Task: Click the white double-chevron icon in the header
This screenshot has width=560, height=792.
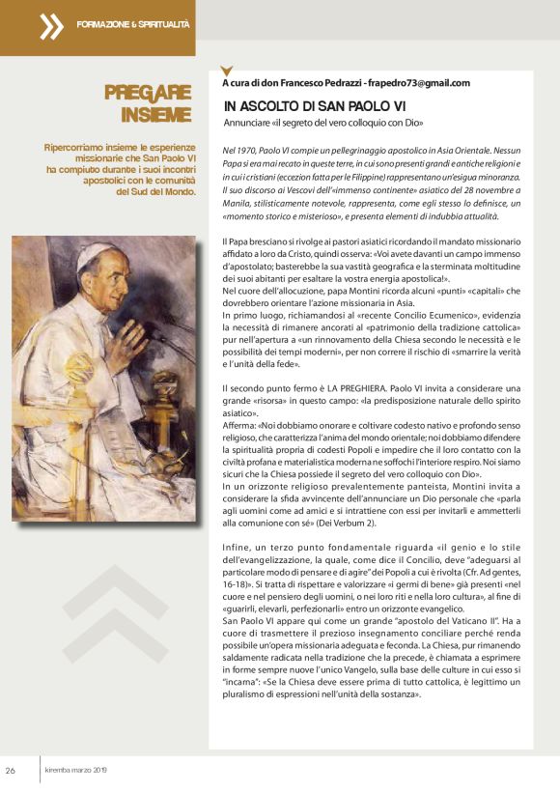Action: pos(50,26)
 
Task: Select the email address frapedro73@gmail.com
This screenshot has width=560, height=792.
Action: pos(418,83)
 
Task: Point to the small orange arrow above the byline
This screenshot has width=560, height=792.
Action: pos(227,70)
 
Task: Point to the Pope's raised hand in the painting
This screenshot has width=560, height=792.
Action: pos(128,332)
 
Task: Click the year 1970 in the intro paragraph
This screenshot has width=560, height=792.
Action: pos(246,152)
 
